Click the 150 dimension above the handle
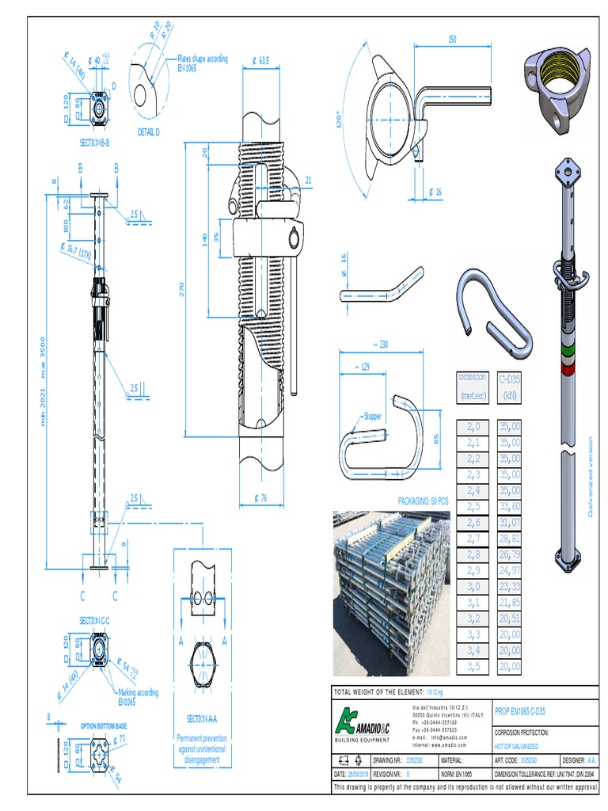[x=452, y=39]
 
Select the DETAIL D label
[x=148, y=131]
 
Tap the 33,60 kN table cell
[x=510, y=506]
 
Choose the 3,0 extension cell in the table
[x=473, y=587]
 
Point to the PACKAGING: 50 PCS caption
[x=423, y=501]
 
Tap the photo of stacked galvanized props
[x=391, y=580]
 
